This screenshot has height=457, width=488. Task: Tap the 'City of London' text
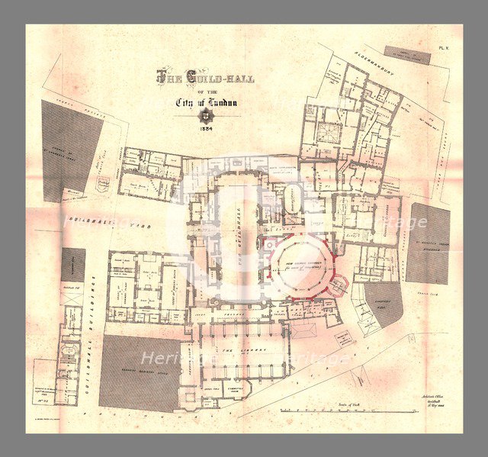(x=204, y=102)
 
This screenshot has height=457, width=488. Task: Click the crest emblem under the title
(x=204, y=116)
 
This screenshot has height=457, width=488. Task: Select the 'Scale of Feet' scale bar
(x=328, y=409)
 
